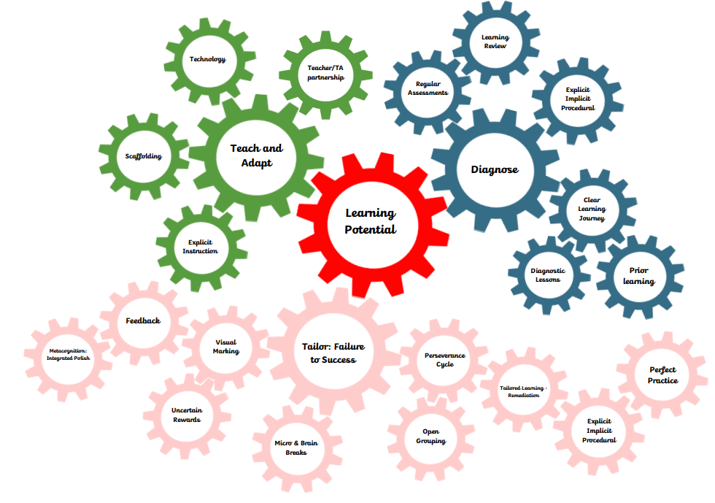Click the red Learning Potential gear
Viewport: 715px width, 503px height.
(x=371, y=220)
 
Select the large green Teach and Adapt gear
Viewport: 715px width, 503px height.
(x=256, y=155)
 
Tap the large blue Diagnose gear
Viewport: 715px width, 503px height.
(x=495, y=169)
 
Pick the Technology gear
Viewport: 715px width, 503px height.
(x=208, y=59)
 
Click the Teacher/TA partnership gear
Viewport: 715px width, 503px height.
(x=325, y=73)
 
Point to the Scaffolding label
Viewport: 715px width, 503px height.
(x=143, y=155)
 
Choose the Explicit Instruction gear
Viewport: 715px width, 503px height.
(x=201, y=247)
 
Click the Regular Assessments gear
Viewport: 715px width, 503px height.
(x=428, y=88)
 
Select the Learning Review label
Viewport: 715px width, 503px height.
(x=495, y=42)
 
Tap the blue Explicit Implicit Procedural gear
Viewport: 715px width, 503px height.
(x=578, y=99)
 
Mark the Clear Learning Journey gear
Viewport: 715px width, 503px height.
(x=592, y=209)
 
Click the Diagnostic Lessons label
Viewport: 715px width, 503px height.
(x=548, y=275)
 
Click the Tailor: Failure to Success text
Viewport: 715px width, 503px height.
(x=333, y=353)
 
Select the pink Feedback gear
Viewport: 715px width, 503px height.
(x=143, y=320)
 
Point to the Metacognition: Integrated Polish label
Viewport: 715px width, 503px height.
(x=68, y=355)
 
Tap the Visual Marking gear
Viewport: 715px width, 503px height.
(x=225, y=347)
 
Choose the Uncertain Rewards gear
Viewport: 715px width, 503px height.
(x=187, y=415)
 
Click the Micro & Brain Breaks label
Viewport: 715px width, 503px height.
(x=296, y=448)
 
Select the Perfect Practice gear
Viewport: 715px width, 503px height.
(x=662, y=375)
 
